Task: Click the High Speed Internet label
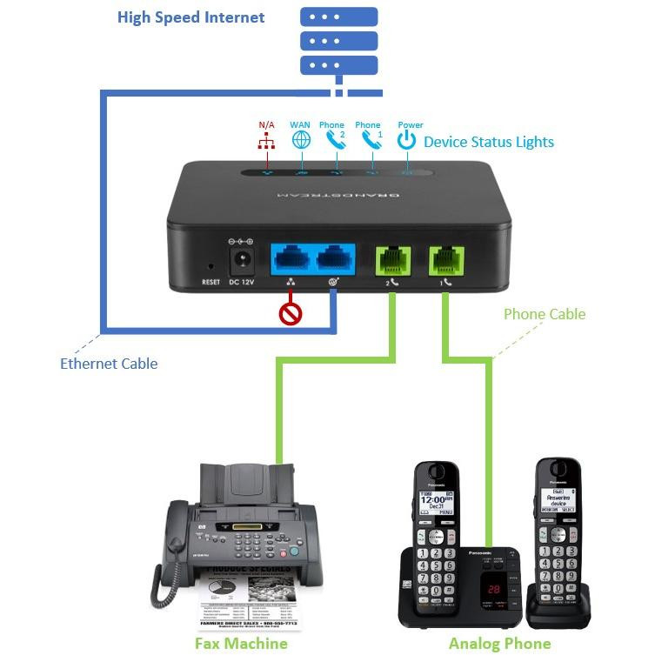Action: point(191,17)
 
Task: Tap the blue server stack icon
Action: point(339,41)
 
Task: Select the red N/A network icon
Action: point(266,140)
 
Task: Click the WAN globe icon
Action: point(300,140)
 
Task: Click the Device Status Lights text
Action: point(488,142)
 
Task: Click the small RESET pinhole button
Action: point(211,266)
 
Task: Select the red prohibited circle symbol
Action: point(290,311)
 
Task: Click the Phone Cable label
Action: point(545,314)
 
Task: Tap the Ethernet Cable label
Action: point(109,364)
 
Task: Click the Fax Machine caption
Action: point(241,644)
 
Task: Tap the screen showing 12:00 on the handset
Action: point(437,502)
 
